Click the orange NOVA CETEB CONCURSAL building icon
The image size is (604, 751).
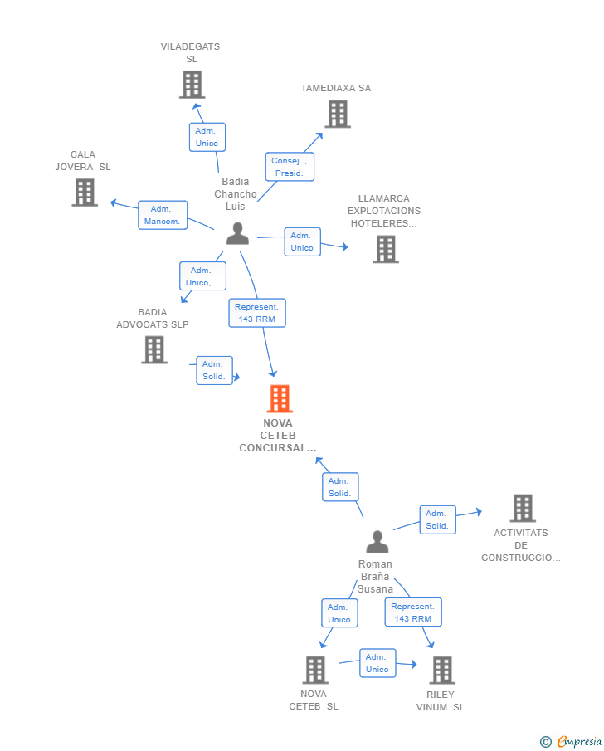click(280, 399)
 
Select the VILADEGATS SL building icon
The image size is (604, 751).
click(192, 85)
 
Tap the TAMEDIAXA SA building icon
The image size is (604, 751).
click(338, 115)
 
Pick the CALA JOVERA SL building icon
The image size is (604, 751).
click(85, 193)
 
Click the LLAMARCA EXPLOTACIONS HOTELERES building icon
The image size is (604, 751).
click(385, 249)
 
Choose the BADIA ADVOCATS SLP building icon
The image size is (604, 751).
click(154, 349)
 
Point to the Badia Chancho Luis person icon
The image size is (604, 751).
click(237, 234)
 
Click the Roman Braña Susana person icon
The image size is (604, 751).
click(377, 542)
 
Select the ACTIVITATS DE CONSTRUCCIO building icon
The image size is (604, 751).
click(522, 508)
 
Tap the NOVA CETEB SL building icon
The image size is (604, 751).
click(315, 670)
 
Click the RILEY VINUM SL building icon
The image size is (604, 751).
click(442, 670)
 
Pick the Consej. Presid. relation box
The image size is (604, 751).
click(290, 167)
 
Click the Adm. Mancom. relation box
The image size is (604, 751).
click(163, 215)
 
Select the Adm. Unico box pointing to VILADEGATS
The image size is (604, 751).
click(207, 137)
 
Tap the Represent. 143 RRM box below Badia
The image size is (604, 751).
click(257, 313)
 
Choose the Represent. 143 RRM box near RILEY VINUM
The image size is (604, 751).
click(413, 612)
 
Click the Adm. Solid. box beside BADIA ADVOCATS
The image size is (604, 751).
click(214, 370)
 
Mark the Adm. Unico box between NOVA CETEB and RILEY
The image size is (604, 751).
click(377, 663)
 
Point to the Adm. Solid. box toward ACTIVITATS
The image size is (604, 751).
click(437, 519)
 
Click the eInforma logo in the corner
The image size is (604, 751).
click(572, 741)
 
